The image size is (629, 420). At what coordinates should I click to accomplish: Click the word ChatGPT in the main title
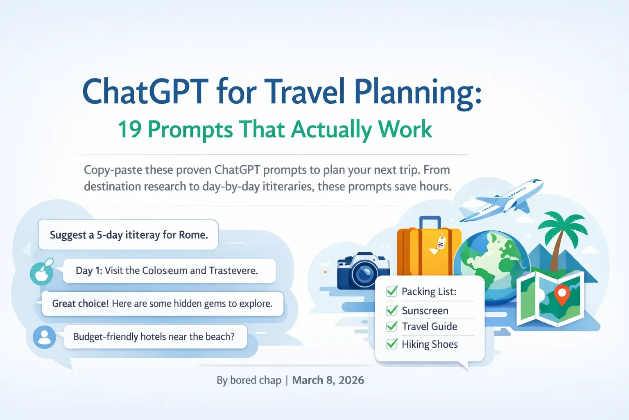click(x=145, y=91)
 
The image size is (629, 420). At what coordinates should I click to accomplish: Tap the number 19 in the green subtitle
click(x=129, y=129)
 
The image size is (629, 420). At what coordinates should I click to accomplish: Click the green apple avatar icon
click(x=42, y=273)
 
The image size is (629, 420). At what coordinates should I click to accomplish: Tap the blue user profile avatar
click(x=44, y=337)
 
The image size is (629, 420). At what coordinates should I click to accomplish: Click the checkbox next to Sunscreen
click(x=392, y=310)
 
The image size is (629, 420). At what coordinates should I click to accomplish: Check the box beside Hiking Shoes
click(x=392, y=344)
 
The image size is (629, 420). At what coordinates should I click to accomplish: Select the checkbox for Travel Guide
click(x=392, y=326)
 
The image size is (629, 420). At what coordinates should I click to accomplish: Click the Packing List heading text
click(x=429, y=292)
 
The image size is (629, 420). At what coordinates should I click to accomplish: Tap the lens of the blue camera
click(x=364, y=274)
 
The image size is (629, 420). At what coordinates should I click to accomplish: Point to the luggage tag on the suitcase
click(x=441, y=243)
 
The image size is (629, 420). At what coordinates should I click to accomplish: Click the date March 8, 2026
click(x=328, y=380)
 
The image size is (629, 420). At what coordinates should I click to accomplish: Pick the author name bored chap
click(x=256, y=380)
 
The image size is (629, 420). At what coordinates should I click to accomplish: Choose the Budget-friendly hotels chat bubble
click(x=155, y=337)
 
